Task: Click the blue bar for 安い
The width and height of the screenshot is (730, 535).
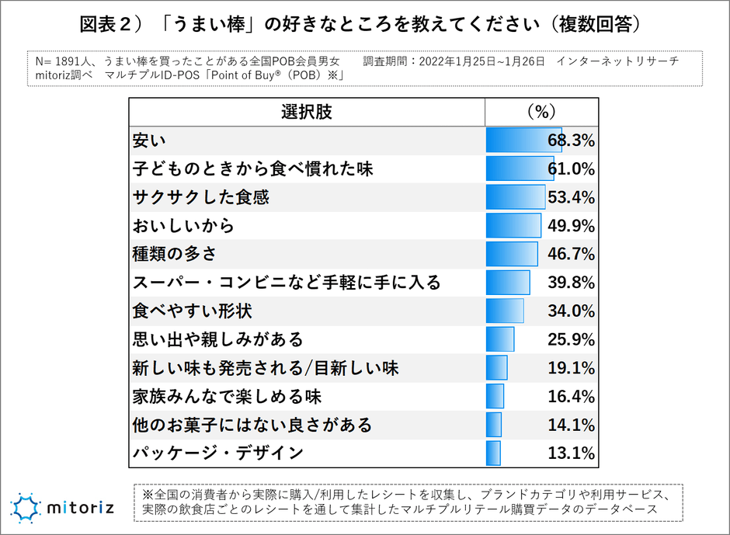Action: [523, 141]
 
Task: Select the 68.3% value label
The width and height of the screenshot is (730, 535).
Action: [572, 141]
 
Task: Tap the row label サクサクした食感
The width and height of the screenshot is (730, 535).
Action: [201, 197]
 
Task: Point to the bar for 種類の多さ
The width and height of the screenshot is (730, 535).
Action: [512, 254]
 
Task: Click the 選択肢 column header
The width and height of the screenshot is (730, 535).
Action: [306, 112]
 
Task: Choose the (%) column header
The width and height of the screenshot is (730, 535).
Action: [541, 112]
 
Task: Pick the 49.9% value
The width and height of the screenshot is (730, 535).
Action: [572, 226]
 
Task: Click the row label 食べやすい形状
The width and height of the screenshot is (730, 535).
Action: [193, 311]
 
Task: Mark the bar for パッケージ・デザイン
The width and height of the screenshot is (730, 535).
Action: [493, 453]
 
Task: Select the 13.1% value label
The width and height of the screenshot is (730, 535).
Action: [572, 453]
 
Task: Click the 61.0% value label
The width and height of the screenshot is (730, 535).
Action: [572, 169]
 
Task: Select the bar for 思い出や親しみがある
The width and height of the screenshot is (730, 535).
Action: [500, 339]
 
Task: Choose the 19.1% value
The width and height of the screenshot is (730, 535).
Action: [572, 368]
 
